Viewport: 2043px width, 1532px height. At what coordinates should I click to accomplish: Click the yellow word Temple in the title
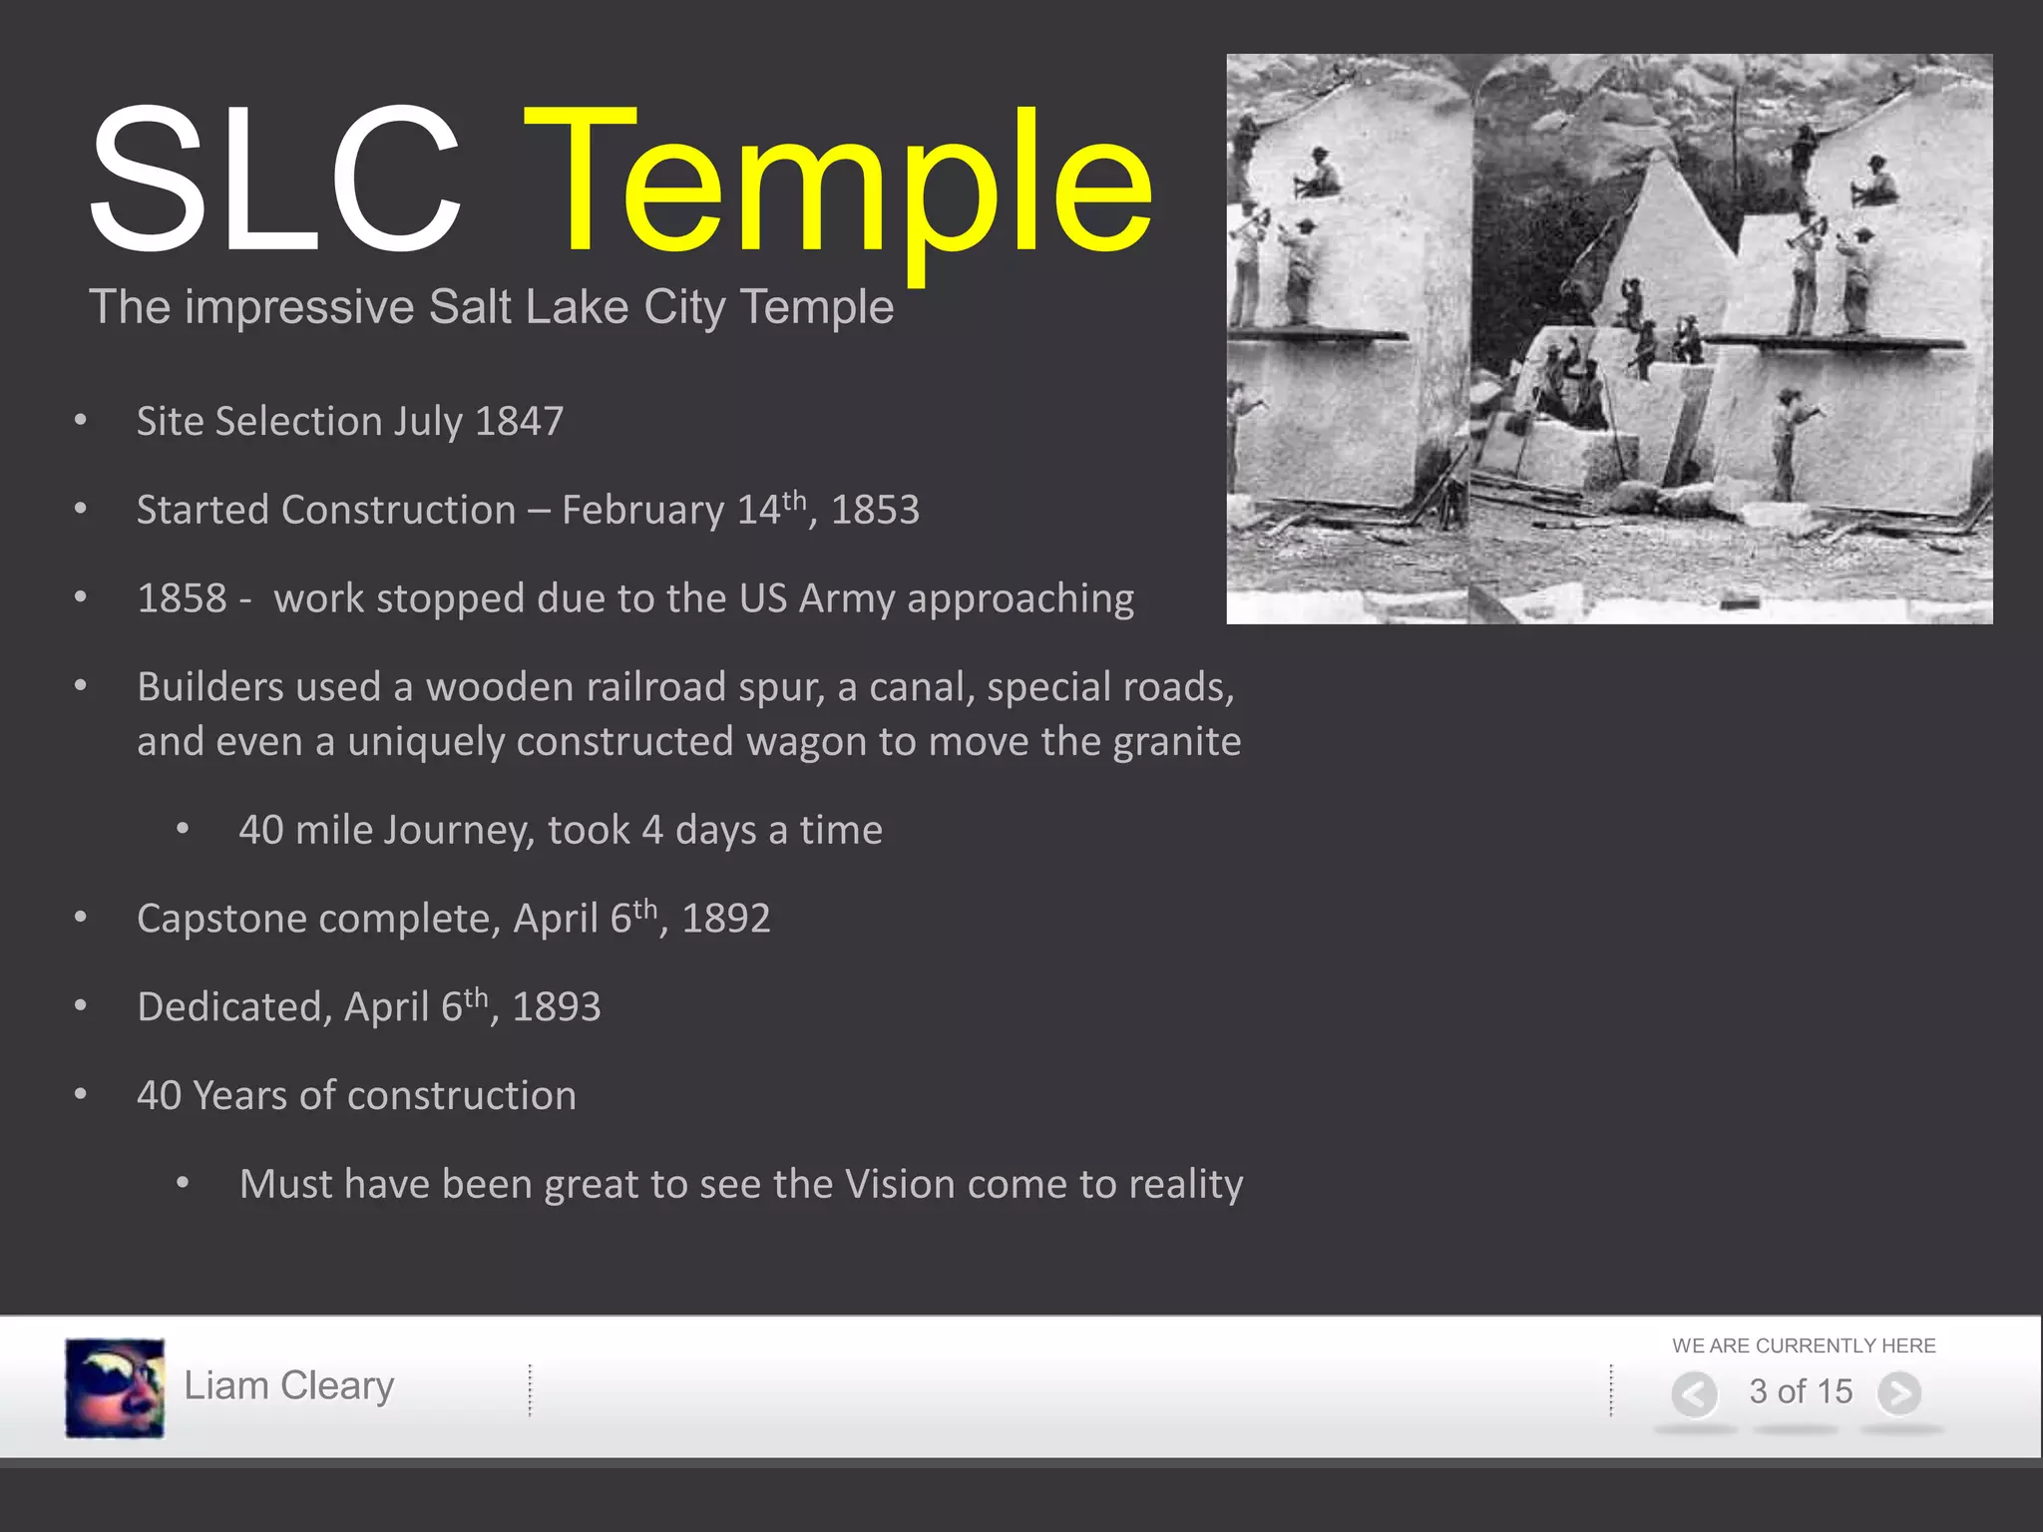click(x=838, y=185)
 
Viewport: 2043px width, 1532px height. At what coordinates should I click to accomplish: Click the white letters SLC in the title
click(x=274, y=180)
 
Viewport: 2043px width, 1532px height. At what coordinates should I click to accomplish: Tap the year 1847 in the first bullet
click(x=519, y=421)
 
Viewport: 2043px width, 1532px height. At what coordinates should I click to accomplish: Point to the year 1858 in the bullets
click(x=182, y=598)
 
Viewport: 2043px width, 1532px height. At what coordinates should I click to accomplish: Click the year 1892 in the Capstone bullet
click(x=725, y=919)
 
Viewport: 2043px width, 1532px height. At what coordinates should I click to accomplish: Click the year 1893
click(x=556, y=1007)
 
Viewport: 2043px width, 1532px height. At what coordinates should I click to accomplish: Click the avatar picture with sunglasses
click(x=115, y=1387)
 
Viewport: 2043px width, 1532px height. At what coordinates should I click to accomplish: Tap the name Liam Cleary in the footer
click(x=289, y=1386)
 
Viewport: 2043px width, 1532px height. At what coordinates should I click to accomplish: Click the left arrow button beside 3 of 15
click(x=1694, y=1393)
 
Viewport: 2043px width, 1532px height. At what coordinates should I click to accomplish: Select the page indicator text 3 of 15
click(x=1800, y=1391)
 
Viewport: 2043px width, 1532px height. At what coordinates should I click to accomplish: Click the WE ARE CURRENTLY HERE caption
click(x=1804, y=1345)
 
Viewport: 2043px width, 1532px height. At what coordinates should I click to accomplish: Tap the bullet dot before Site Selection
click(x=81, y=421)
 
